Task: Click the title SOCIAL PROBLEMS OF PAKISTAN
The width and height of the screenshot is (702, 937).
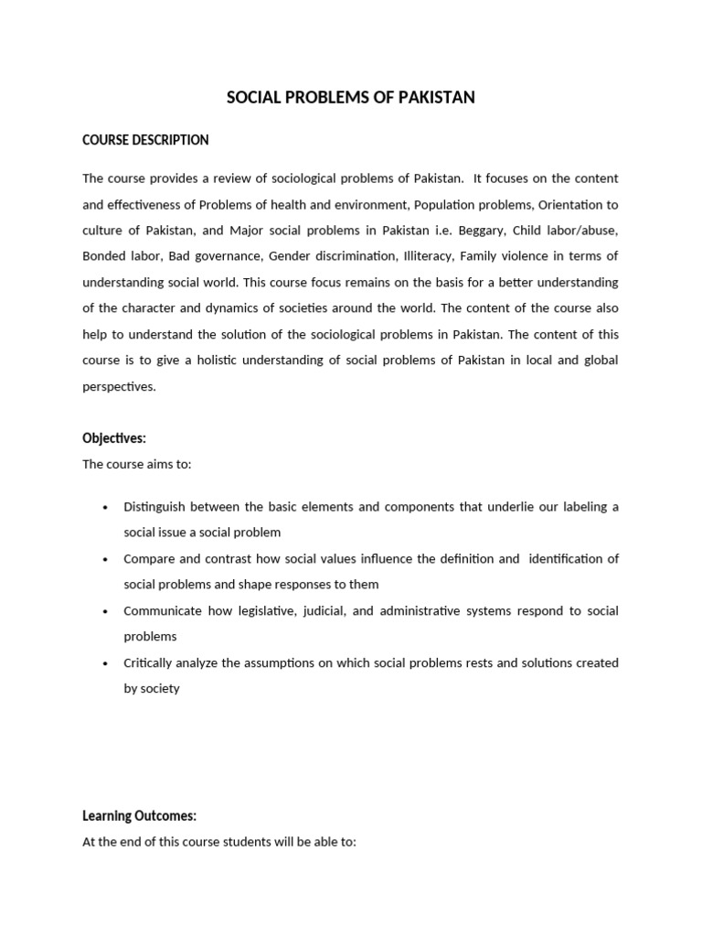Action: pos(351,97)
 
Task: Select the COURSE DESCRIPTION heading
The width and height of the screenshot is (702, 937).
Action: pos(145,140)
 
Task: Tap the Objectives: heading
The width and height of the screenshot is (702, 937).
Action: pos(114,438)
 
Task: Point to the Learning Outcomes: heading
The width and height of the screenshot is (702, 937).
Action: pos(139,815)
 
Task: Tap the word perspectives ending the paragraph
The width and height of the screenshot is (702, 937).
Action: pos(119,386)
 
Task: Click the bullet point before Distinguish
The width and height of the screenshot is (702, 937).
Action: pos(107,507)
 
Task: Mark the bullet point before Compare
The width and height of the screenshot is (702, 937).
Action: pos(107,559)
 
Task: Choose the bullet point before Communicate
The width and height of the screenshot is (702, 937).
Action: pos(107,611)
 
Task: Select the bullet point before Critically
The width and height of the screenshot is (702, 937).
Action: pos(107,663)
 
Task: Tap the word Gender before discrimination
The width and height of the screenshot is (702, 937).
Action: pos(289,255)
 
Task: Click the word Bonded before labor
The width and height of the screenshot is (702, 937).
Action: pos(103,255)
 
